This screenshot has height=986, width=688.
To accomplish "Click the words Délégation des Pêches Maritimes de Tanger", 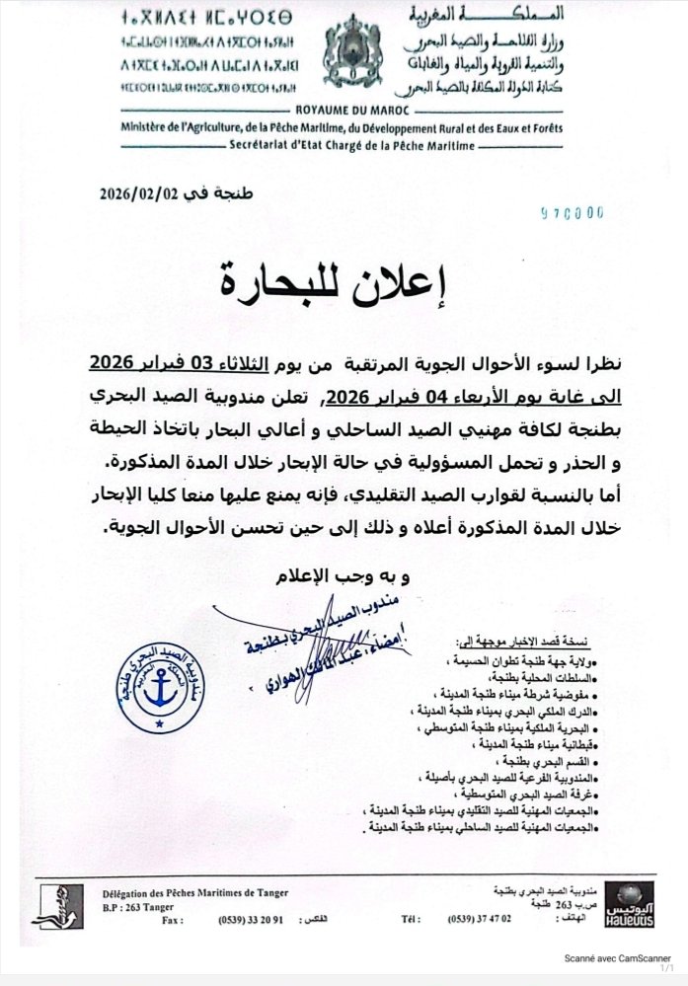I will [196, 892].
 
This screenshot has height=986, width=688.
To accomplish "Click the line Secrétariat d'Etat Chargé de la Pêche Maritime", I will [349, 146].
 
